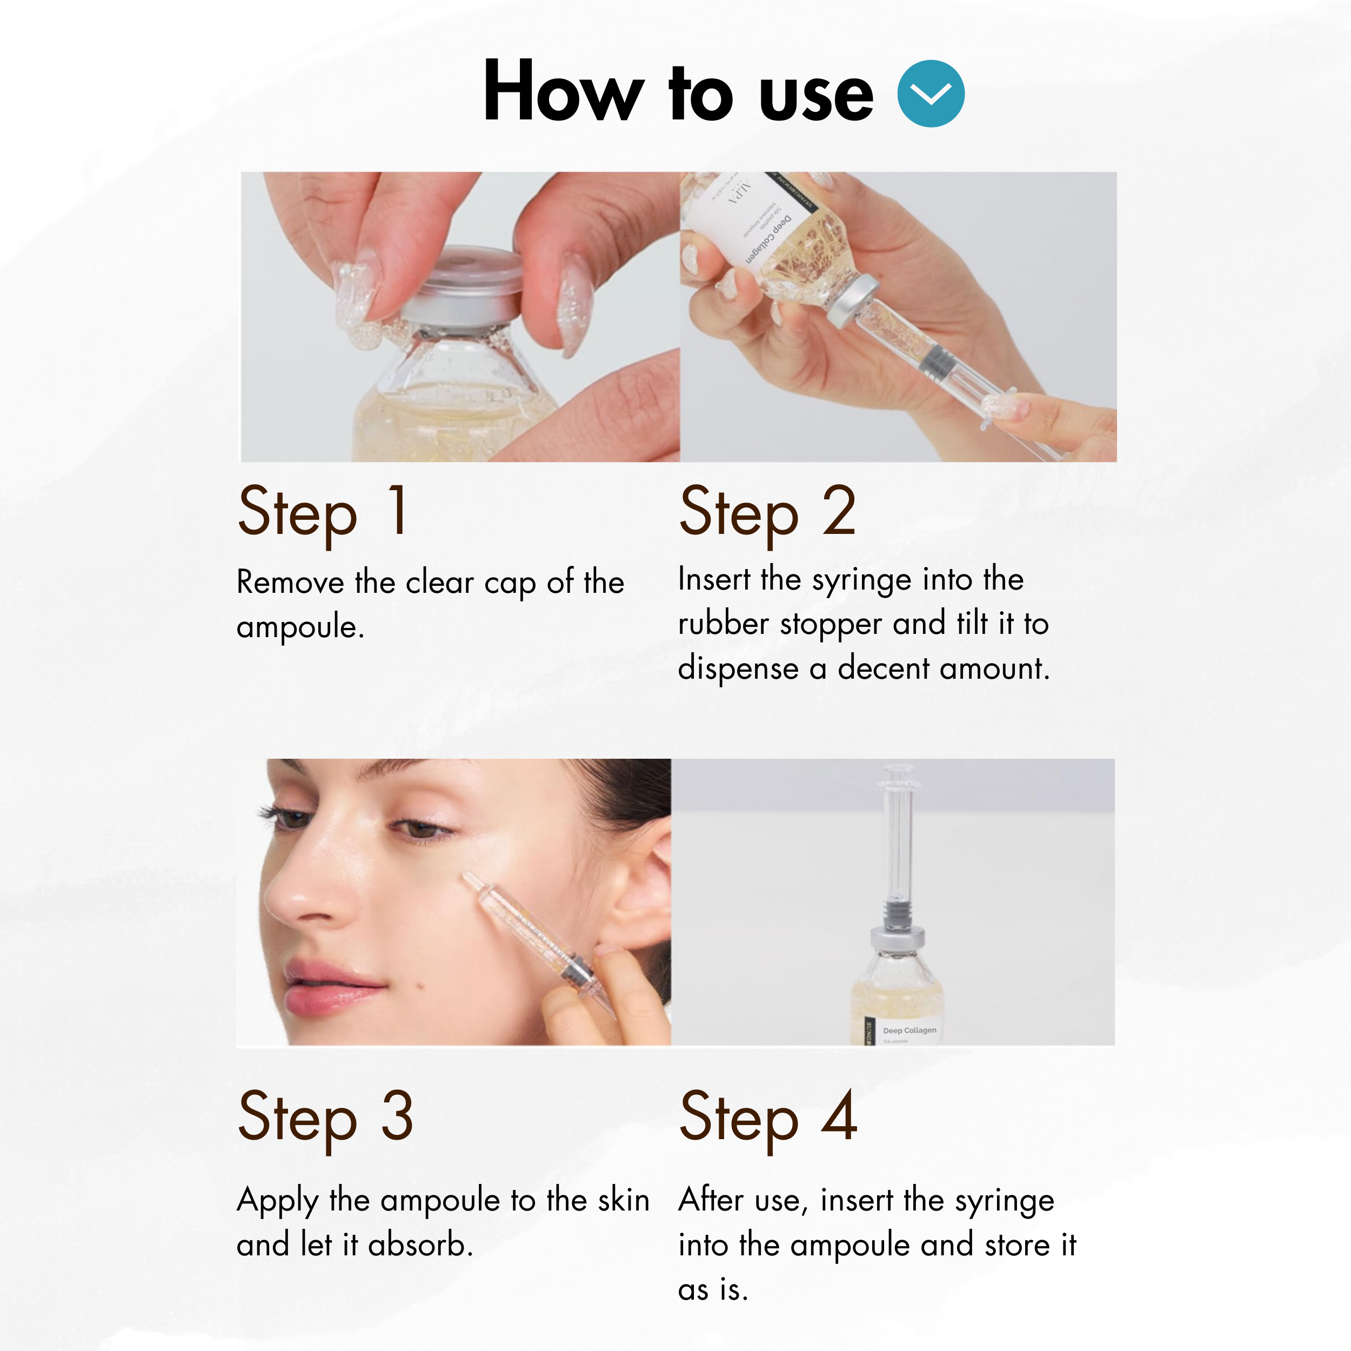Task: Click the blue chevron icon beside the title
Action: click(930, 93)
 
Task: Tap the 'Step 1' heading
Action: click(323, 512)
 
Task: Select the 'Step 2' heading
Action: click(767, 512)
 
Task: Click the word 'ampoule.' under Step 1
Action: click(300, 626)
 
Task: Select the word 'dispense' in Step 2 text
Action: click(738, 668)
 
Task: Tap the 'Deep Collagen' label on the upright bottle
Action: click(909, 1030)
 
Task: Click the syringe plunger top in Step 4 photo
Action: click(898, 773)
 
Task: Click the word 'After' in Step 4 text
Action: click(711, 1200)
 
